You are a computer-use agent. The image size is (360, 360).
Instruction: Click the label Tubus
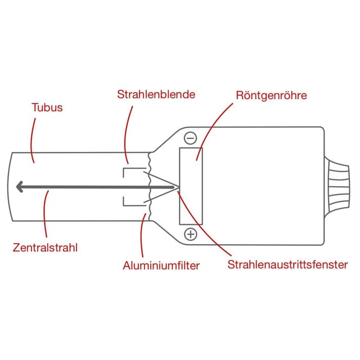(x=47, y=107)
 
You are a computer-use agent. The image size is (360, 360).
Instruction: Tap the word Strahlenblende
(x=156, y=94)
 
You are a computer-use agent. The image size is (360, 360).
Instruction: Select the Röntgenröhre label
(x=272, y=95)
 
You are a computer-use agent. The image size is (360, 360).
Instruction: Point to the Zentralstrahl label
(x=45, y=247)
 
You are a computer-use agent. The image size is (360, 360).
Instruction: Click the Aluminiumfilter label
(x=161, y=265)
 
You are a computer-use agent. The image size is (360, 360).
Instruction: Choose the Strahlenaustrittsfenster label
(x=287, y=264)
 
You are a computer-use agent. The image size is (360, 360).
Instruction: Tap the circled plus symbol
(x=191, y=234)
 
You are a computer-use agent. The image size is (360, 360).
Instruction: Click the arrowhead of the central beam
(x=20, y=187)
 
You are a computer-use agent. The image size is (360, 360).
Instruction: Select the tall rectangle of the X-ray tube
(x=191, y=186)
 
